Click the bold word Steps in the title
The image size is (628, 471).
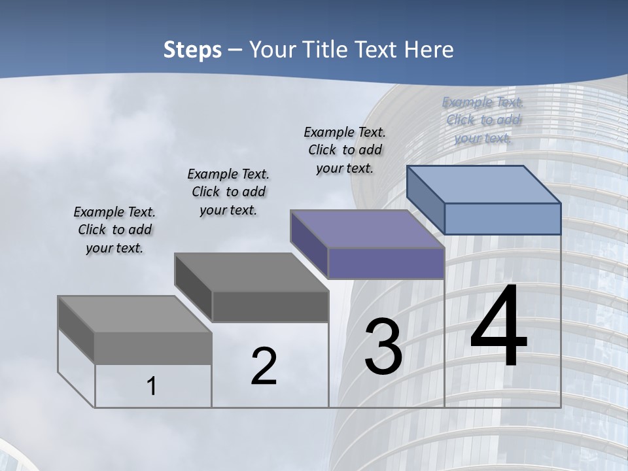pyautogui.click(x=192, y=50)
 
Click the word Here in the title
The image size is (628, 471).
pyautogui.click(x=428, y=50)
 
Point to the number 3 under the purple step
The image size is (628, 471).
pyautogui.click(x=383, y=347)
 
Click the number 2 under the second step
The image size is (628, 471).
pyautogui.click(x=264, y=366)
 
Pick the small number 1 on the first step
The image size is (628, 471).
pyautogui.click(x=152, y=387)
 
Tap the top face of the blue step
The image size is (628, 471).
pyautogui.click(x=484, y=184)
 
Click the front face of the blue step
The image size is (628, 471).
pyautogui.click(x=502, y=218)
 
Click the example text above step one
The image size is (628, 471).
pyautogui.click(x=114, y=230)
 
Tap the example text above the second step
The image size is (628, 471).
pyautogui.click(x=228, y=192)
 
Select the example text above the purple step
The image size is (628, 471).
pyautogui.click(x=345, y=150)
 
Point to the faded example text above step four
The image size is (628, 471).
pyautogui.click(x=483, y=120)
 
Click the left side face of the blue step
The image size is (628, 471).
pyautogui.click(x=425, y=199)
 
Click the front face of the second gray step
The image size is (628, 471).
pyautogui.click(x=270, y=306)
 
